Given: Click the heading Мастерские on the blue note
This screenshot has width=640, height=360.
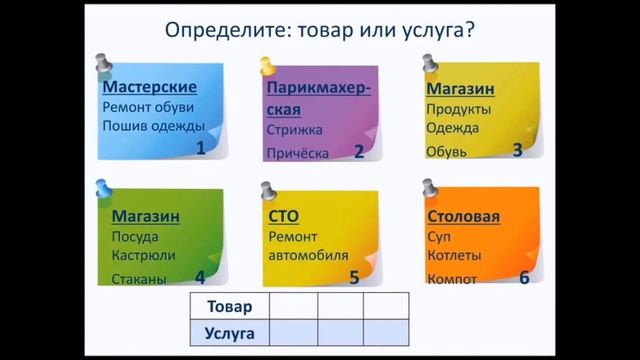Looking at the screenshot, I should click(x=150, y=86).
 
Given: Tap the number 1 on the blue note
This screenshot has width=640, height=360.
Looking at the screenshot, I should click(x=200, y=148).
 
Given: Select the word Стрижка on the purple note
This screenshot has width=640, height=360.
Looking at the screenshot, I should click(x=292, y=130).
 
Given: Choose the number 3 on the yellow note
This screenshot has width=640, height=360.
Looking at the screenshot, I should click(x=517, y=150).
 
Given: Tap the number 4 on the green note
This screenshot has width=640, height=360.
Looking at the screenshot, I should click(x=200, y=278).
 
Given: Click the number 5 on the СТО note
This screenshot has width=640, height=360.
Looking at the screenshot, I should click(x=353, y=278).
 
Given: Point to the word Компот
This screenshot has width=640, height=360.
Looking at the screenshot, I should click(x=451, y=279).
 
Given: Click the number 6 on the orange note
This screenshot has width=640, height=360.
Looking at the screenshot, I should click(x=523, y=277).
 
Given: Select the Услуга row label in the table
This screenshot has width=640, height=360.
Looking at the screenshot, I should click(x=229, y=331).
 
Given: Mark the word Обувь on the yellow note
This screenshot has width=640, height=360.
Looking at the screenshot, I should click(x=445, y=151).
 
